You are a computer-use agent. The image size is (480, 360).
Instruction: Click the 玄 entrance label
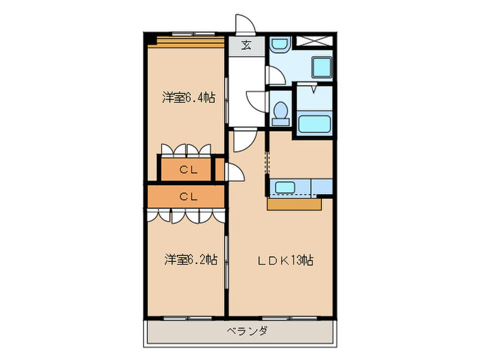click(246, 46)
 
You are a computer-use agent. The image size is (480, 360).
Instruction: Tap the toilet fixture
click(280, 112)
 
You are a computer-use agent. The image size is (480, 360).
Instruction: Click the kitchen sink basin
click(283, 187)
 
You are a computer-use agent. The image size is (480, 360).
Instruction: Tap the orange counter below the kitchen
click(294, 204)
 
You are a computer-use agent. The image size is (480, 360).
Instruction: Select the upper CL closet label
click(186, 169)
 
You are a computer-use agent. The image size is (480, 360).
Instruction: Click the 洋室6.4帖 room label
click(189, 98)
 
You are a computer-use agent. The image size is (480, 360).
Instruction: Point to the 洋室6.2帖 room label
click(191, 260)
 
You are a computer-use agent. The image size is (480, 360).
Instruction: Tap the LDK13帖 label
click(286, 261)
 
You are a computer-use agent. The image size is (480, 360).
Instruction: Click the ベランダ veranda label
click(247, 332)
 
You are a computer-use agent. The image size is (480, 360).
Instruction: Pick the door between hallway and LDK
click(244, 141)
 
